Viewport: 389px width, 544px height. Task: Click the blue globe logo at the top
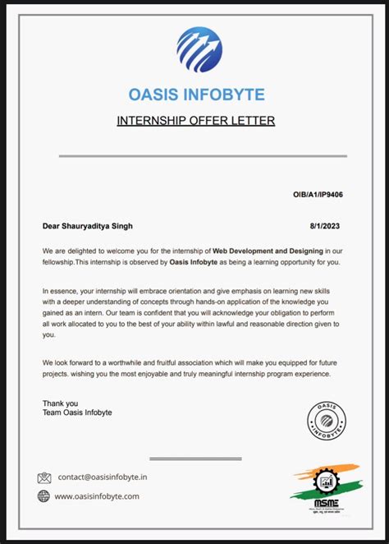pos(199,50)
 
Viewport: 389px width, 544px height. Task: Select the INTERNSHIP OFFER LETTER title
pos(195,122)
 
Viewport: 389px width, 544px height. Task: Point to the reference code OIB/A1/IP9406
pos(318,196)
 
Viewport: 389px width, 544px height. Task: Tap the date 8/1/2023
pos(326,226)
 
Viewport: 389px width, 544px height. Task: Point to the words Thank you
pos(60,403)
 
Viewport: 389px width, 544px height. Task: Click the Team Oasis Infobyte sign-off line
pos(76,413)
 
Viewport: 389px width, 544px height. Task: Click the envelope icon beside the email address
pos(44,477)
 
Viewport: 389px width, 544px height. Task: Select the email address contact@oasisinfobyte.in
pos(103,477)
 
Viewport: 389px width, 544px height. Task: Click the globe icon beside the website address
pos(44,496)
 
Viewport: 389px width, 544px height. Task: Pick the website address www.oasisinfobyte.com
pos(98,496)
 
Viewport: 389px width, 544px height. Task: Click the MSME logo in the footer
pos(324,487)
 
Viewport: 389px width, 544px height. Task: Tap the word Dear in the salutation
pos(51,226)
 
